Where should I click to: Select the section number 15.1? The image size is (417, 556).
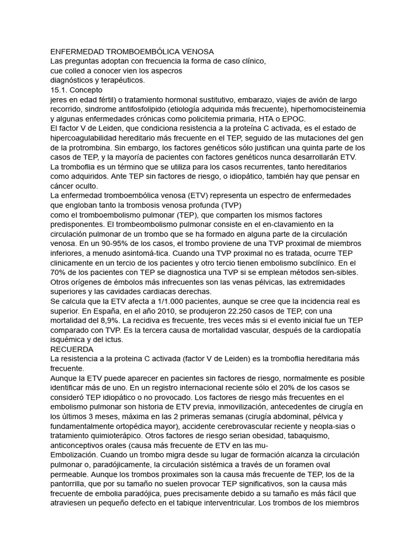coord(59,90)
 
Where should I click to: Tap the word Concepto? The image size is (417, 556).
coord(87,90)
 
